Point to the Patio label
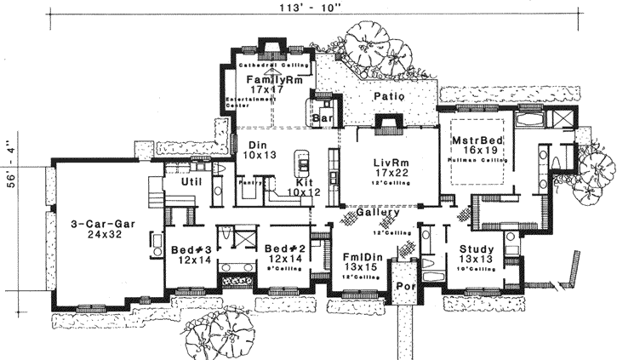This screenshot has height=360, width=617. click(387, 98)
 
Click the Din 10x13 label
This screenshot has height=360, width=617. click(252, 151)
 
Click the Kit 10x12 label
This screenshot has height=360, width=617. click(301, 188)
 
